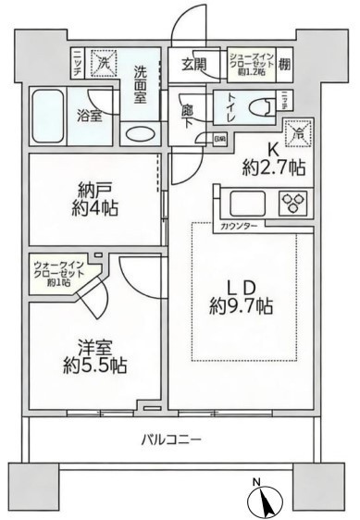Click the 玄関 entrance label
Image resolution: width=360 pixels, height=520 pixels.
pyautogui.click(x=192, y=65)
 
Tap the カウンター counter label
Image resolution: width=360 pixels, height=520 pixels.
pyautogui.click(x=239, y=226)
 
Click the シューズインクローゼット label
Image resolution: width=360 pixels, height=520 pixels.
pyautogui.click(x=247, y=65)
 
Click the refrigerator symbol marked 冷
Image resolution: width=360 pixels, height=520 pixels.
pyautogui.click(x=299, y=131)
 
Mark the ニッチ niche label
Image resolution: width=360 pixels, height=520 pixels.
pyautogui.click(x=78, y=64)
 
